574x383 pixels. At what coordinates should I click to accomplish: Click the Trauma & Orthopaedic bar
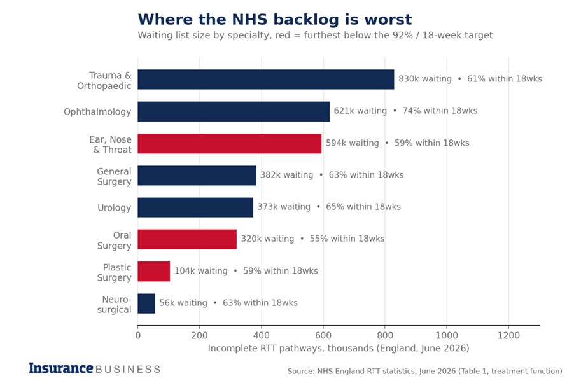pos(266,80)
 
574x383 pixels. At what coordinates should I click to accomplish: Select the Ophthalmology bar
pos(234,111)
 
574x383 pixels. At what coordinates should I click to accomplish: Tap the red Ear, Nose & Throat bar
pos(230,144)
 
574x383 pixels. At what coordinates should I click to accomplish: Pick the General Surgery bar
pos(197,176)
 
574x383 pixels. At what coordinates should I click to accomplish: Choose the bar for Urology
pos(195,207)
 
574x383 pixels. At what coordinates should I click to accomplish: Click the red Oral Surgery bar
pos(187,239)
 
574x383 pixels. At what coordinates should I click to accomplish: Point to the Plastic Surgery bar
pos(154,271)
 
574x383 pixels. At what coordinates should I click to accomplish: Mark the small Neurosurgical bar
pos(146,303)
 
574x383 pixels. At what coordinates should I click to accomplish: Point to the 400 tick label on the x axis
pos(262,335)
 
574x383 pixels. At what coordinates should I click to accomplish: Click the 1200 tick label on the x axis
pos(508,335)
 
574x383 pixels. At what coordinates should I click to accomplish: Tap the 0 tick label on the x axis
pos(138,335)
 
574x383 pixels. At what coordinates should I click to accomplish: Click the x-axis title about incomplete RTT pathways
pos(339,348)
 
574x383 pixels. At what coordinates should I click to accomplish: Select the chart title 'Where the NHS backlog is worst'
pos(275,20)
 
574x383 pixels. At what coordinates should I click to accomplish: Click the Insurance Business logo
pos(95,368)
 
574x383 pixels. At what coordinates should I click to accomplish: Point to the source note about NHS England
pos(424,372)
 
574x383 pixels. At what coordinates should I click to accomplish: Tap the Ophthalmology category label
pos(97,112)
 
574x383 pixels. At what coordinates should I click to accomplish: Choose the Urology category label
pos(114,207)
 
